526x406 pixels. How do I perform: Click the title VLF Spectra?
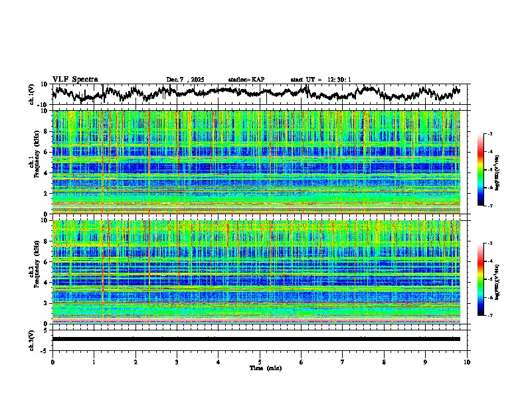click(x=75, y=79)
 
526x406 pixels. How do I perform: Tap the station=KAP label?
click(x=246, y=80)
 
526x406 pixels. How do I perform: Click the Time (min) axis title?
click(x=260, y=368)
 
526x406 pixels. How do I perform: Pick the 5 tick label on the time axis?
click(x=260, y=362)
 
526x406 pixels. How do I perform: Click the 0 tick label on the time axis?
click(x=52, y=362)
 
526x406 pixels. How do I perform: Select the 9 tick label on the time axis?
click(x=426, y=362)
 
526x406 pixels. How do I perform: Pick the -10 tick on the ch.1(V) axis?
click(x=44, y=105)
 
